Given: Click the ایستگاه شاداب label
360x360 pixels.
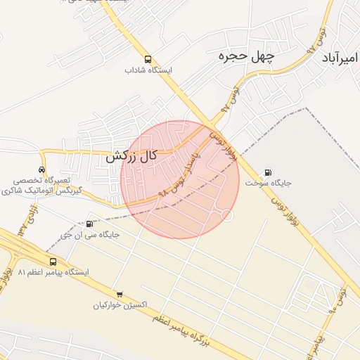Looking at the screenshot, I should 148,70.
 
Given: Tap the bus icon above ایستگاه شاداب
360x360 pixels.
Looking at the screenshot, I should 148,59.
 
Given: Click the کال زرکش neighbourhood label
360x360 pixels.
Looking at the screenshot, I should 131,157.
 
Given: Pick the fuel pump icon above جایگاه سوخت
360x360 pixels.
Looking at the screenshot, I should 268,172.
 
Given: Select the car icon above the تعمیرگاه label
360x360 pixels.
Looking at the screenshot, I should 42,169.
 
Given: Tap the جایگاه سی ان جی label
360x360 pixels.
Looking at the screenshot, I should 89,235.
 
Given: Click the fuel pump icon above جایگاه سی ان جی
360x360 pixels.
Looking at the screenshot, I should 89,224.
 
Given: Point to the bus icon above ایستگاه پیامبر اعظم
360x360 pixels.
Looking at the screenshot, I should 53,262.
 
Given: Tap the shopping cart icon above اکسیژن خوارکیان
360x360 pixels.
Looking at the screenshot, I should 120,295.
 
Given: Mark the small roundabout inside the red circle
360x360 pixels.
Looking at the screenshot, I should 226,214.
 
